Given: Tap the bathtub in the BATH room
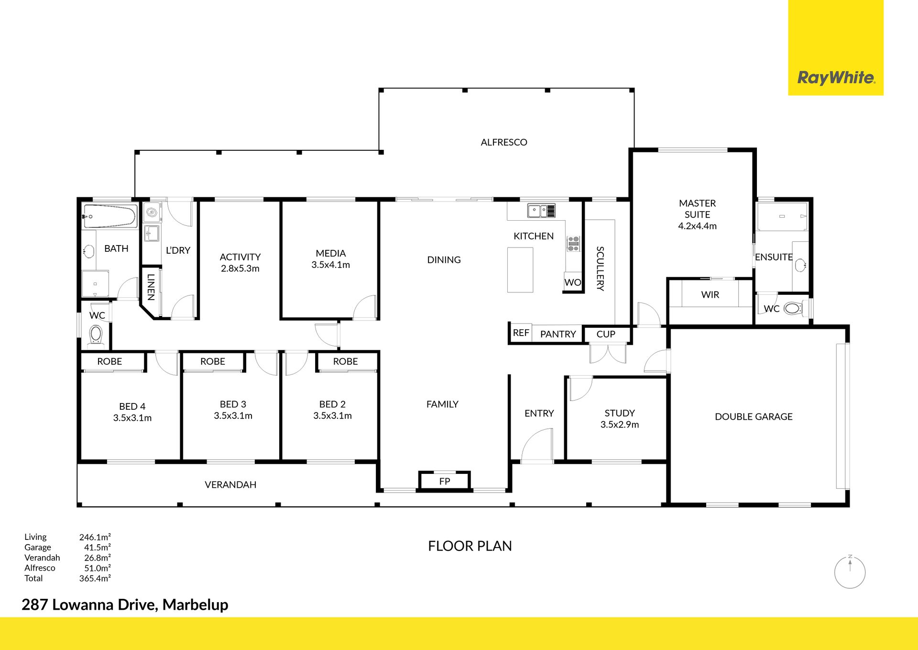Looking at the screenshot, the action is [x=110, y=216].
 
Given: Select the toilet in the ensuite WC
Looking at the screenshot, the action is [x=793, y=308].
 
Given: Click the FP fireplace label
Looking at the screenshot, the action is [x=445, y=481].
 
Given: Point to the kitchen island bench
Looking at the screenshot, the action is [x=520, y=269].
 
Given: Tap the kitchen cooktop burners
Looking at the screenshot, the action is [x=573, y=244].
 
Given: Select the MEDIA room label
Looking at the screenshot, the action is [x=331, y=253].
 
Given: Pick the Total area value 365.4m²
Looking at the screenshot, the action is [x=95, y=578].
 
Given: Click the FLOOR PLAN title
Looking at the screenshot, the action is [x=470, y=546].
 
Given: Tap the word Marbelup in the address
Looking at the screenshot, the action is [x=196, y=605].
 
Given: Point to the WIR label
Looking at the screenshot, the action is [x=710, y=295].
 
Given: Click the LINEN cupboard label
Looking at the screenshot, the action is [x=151, y=287].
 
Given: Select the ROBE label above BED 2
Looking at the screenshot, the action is [x=345, y=361].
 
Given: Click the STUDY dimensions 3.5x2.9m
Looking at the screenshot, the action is [x=620, y=425].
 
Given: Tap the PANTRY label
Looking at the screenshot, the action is [x=558, y=334].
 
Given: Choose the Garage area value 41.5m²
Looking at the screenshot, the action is [x=98, y=547].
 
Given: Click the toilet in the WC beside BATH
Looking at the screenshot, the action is [x=96, y=334].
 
